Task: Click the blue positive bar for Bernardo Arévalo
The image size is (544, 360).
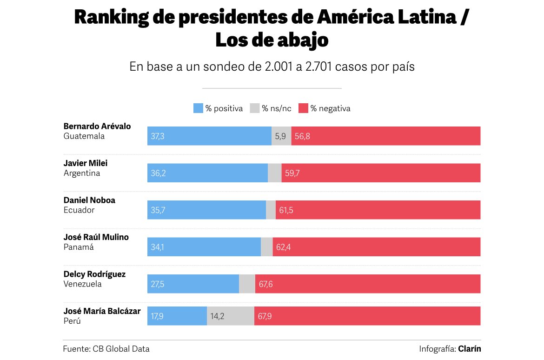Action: pos(209,136)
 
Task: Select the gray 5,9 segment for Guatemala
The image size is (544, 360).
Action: pos(281,136)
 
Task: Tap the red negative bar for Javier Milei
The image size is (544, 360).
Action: pos(381,173)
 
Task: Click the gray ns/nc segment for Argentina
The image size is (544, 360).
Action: pos(275,173)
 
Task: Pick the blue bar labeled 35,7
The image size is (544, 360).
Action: pos(206,210)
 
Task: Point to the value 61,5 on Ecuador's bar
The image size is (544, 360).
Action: pos(286,210)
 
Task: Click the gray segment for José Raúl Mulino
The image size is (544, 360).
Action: pos(267,247)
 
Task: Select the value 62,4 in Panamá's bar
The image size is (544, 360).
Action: pos(283,247)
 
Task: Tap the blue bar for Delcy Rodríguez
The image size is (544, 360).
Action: pos(193,284)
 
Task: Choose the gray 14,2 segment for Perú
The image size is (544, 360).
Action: pos(231,316)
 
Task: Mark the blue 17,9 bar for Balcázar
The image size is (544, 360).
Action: pos(177,316)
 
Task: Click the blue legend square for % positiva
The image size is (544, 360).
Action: pos(198,108)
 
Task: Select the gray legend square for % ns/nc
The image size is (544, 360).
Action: pos(255,108)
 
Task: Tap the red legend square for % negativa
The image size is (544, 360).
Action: pos(303,108)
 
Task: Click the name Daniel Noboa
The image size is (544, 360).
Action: pos(89,200)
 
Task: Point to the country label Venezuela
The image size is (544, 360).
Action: pos(82,284)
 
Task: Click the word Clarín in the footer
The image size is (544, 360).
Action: pos(469,349)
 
